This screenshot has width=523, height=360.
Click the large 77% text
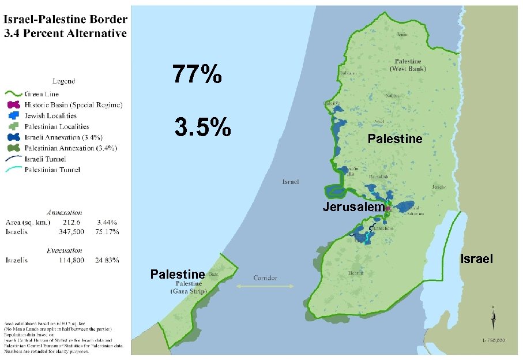197,75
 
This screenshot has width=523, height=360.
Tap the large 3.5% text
202,128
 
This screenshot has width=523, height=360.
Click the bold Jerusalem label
353,207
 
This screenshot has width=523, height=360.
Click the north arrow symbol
493,317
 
